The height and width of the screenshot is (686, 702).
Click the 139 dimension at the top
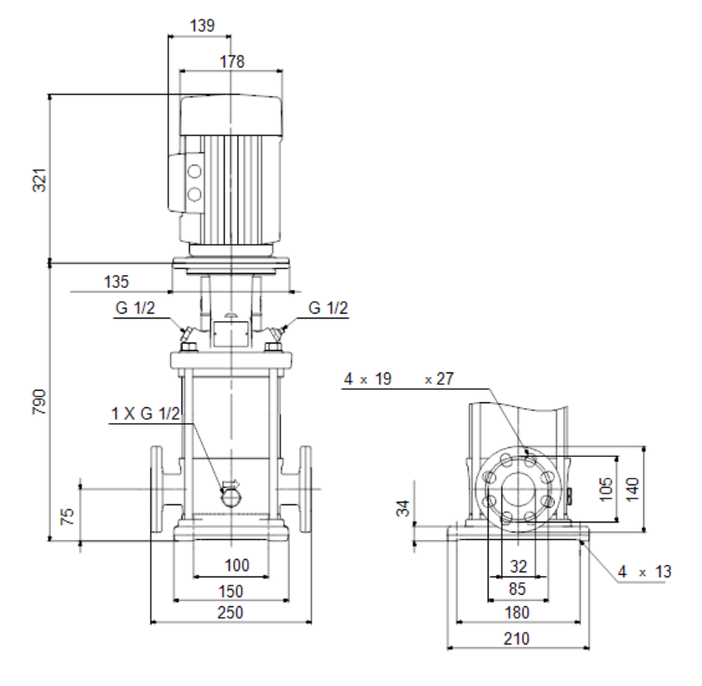[x=202, y=26]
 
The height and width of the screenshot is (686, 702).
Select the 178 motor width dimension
[x=232, y=61]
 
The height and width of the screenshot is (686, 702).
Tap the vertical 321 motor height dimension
[x=40, y=180]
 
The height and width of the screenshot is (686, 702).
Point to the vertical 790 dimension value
[x=40, y=401]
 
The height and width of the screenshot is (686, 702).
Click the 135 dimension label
[x=116, y=282]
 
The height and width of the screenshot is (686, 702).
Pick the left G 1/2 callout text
[x=135, y=308]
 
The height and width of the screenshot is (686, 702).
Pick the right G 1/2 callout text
[x=328, y=308]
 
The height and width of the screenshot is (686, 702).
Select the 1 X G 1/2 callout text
[x=145, y=413]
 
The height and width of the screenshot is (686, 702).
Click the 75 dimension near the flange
[x=66, y=517]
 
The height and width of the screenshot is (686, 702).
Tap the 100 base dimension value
[x=236, y=565]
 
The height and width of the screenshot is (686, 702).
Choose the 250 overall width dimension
[x=231, y=612]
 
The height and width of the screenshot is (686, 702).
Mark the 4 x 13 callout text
[x=645, y=572]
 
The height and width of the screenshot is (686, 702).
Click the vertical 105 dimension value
[x=605, y=489]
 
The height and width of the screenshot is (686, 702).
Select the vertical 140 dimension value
[x=632, y=489]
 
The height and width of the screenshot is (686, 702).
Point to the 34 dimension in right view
[x=403, y=508]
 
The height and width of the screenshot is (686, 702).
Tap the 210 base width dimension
[x=517, y=639]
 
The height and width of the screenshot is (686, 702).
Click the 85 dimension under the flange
[x=517, y=589]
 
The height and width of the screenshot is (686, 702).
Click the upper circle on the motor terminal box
[x=194, y=172]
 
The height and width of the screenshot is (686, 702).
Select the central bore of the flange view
[x=518, y=489]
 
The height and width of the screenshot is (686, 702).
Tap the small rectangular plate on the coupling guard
[x=230, y=333]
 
